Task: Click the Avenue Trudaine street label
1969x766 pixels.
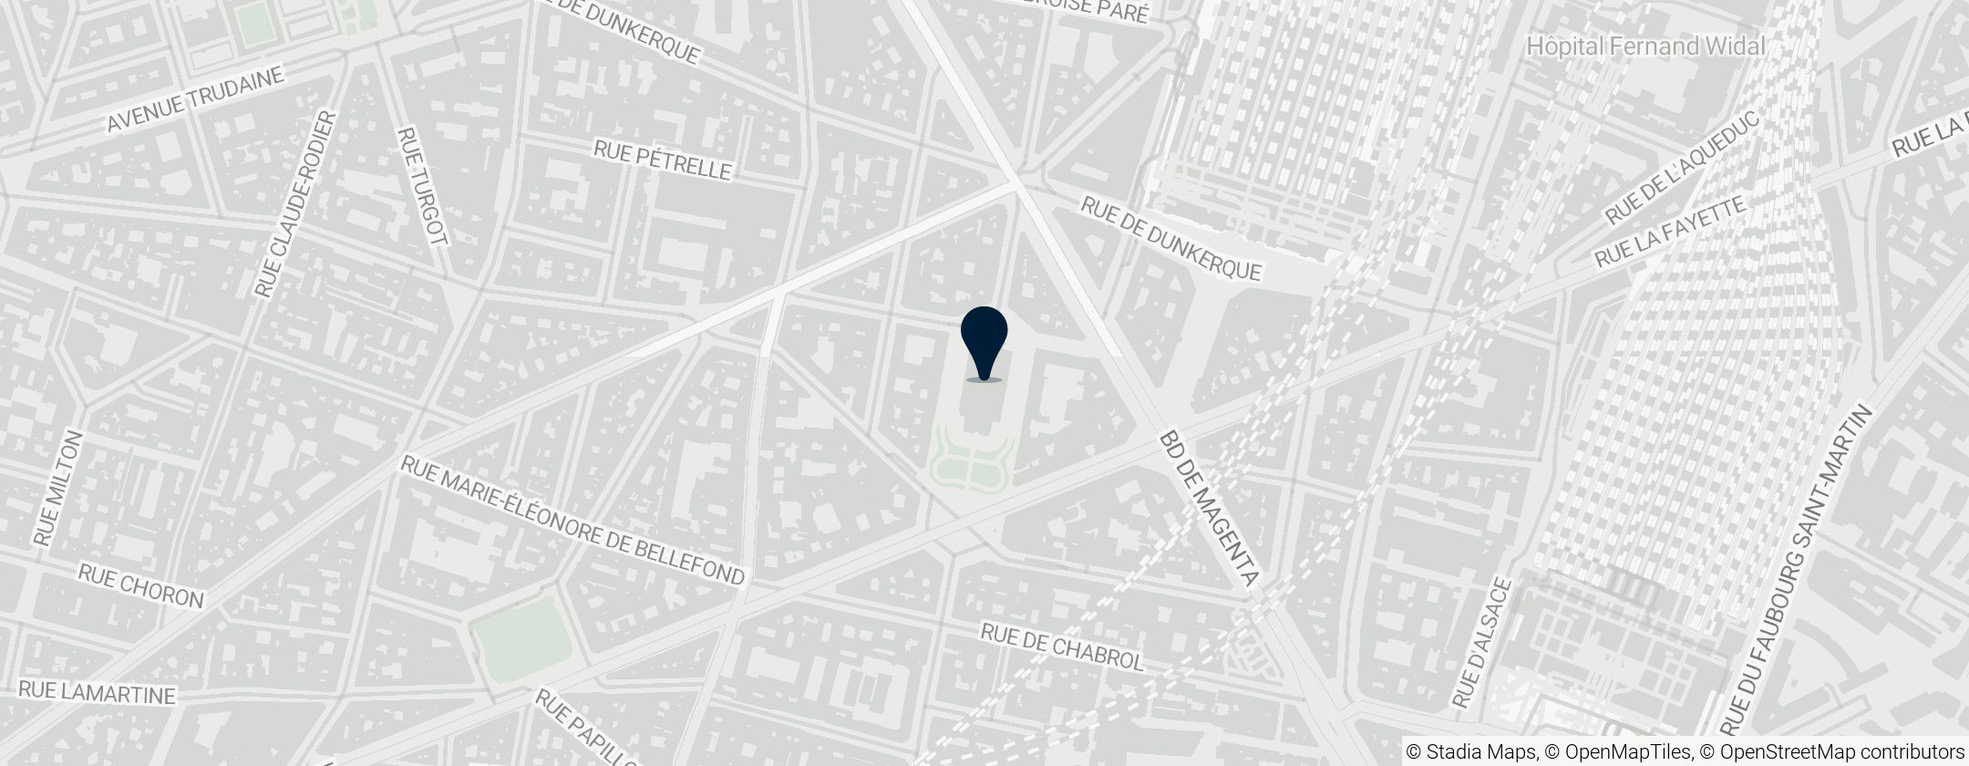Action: click(195, 99)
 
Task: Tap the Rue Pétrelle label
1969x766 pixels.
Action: click(663, 160)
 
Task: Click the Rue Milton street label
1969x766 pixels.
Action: click(58, 489)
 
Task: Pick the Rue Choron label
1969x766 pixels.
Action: click(140, 585)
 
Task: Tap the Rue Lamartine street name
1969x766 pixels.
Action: click(97, 692)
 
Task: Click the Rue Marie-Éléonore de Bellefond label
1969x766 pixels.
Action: click(572, 521)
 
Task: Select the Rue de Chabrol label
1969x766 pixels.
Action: click(1061, 647)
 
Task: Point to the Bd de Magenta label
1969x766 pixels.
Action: click(1209, 508)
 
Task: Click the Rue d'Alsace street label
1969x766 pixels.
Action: click(1482, 644)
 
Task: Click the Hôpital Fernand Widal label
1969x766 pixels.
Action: click(1645, 46)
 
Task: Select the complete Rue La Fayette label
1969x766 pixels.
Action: click(1669, 233)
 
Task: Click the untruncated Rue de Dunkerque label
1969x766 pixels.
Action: click(1171, 239)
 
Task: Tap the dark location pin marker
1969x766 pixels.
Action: click(984, 341)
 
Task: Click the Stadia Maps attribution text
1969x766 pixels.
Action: click(1469, 751)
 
